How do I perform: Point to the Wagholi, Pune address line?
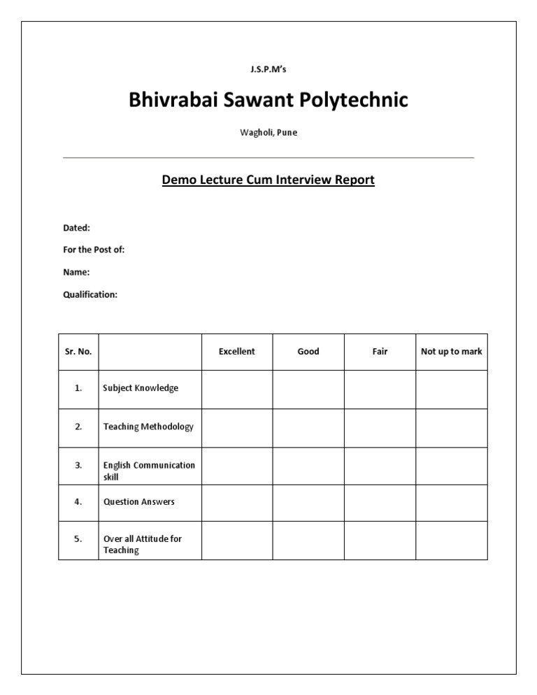click(268, 133)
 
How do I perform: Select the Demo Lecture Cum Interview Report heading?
click(268, 180)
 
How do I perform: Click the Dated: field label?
click(76, 227)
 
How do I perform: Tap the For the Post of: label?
click(94, 250)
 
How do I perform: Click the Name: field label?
click(76, 272)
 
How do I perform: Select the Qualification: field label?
click(90, 294)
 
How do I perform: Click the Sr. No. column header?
click(78, 352)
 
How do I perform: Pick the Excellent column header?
click(237, 352)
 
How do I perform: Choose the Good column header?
click(308, 352)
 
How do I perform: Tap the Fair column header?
click(380, 352)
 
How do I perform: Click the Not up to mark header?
click(452, 352)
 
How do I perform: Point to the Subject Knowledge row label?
click(141, 388)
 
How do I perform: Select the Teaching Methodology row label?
click(148, 427)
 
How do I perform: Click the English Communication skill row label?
click(149, 471)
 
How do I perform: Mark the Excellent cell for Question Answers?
click(237, 502)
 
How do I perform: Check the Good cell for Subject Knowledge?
click(308, 389)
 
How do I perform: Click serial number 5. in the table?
click(78, 539)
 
